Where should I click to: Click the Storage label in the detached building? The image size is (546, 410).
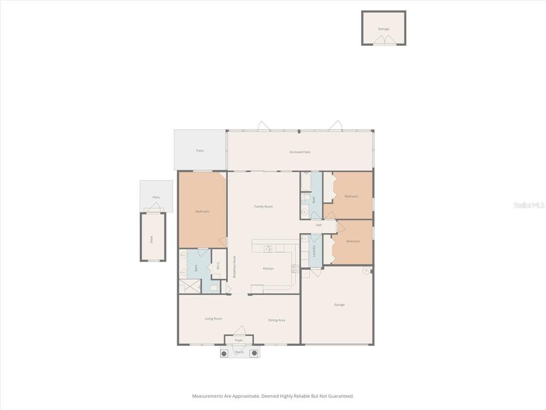pos(383,29)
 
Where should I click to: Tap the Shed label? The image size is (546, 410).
pos(151,240)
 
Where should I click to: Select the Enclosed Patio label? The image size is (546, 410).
pos(300,152)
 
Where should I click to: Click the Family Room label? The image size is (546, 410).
pos(263,207)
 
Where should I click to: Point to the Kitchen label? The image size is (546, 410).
pos(268,269)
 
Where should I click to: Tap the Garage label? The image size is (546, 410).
pos(339,305)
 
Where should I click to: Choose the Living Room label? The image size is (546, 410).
pos(213,319)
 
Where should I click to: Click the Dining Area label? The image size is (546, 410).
pos(276,320)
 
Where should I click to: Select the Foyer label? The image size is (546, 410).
pos(238,340)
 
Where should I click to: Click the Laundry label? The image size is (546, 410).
pos(315,250)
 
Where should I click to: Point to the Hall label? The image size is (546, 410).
pos(319,225)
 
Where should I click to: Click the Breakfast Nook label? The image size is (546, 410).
pos(234,266)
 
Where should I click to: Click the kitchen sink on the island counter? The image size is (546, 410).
pos(269,248)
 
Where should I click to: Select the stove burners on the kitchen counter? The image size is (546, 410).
pos(295,269)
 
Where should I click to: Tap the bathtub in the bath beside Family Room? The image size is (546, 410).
pos(306,183)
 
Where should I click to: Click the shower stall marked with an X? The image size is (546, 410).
pos(189,286)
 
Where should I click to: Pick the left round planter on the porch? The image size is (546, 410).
pos(224,353)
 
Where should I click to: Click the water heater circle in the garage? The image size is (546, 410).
pos(367,271)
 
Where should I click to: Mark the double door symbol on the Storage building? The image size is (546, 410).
pos(383,40)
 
